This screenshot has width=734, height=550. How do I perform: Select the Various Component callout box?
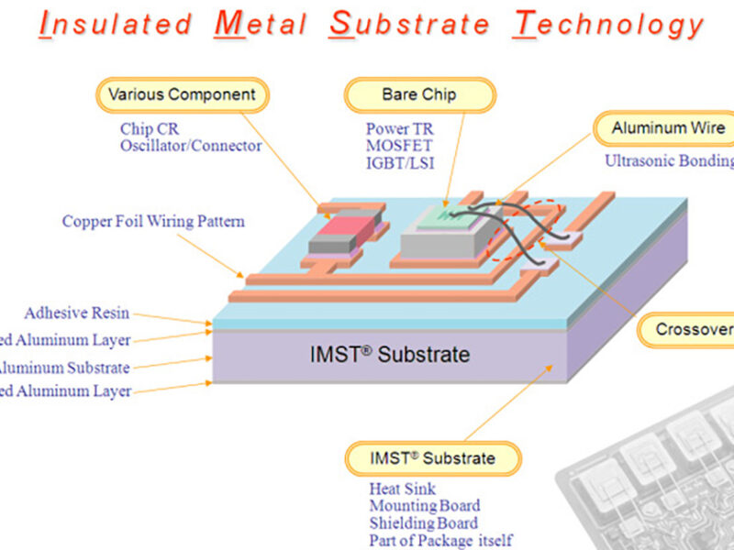tap(183, 94)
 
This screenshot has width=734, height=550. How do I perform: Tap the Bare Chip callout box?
tap(419, 94)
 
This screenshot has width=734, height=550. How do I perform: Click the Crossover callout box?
tap(693, 330)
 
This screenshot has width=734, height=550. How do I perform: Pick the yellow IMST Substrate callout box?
tap(432, 458)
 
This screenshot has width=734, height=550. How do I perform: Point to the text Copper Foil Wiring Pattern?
tap(153, 221)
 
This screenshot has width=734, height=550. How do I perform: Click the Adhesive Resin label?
tap(77, 313)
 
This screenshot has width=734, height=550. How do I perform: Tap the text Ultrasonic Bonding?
tap(669, 160)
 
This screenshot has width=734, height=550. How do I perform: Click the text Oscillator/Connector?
tap(191, 146)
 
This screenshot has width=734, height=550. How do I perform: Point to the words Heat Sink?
tap(403, 489)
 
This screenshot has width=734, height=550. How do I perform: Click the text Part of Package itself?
tap(440, 540)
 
